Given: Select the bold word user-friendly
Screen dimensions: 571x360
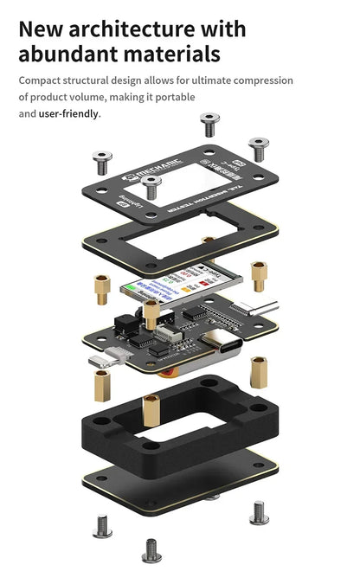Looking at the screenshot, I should (x=69, y=113).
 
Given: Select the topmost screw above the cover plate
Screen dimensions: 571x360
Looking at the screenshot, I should (x=209, y=124).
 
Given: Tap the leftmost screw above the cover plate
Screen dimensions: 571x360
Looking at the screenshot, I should (x=102, y=160).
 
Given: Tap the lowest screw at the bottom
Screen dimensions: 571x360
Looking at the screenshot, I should (x=152, y=549).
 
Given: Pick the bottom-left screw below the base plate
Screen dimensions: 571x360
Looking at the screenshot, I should (x=102, y=524).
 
